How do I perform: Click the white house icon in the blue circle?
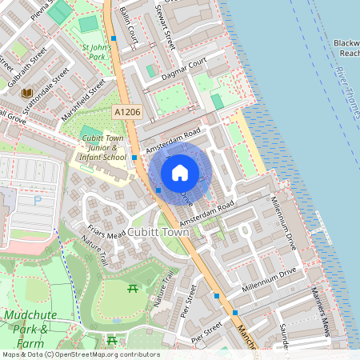pos(180,173)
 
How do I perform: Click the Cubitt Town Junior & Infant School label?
pos(104,149)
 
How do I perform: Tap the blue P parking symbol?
pos(37,201)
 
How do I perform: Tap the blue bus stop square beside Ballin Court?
pos(114,38)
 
